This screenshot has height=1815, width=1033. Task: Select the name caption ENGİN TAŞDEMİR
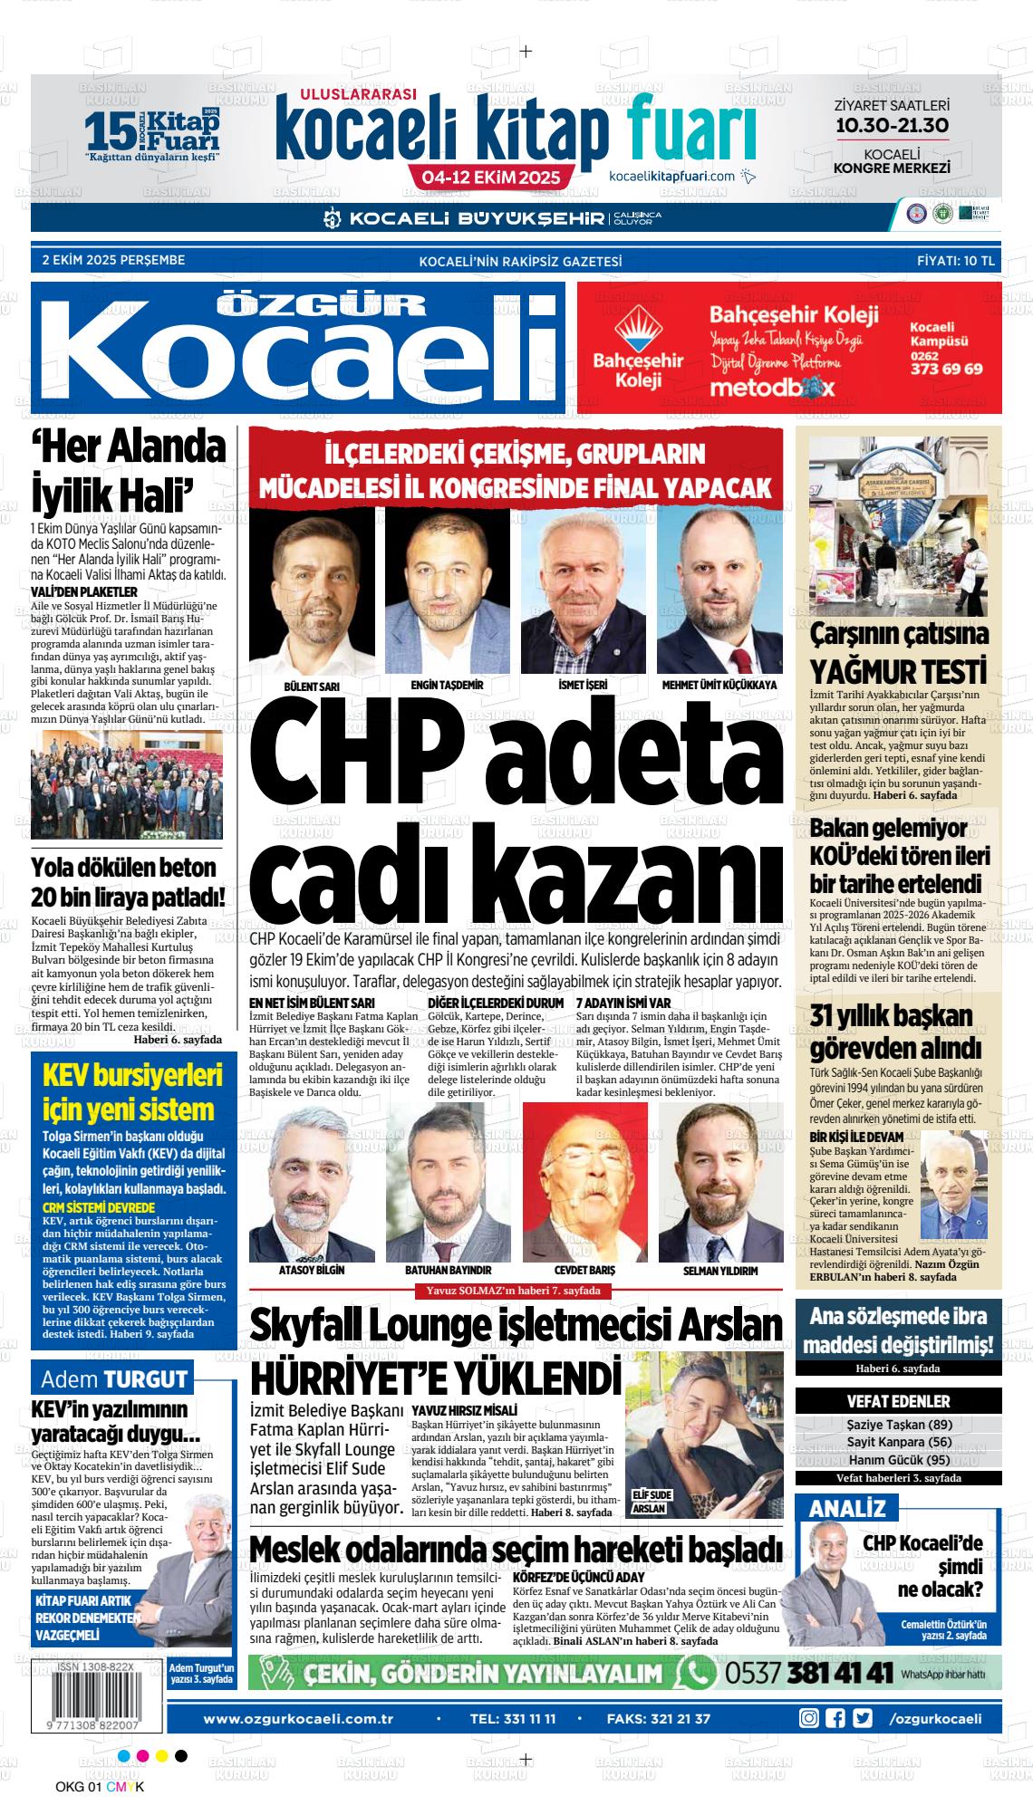447,686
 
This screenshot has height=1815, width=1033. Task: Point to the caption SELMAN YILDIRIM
720,1271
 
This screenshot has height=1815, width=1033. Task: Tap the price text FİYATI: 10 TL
955,261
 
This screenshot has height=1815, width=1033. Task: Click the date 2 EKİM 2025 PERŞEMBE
113,261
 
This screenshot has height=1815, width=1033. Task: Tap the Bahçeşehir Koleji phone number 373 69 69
946,370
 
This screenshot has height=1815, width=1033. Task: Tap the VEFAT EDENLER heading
898,1401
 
